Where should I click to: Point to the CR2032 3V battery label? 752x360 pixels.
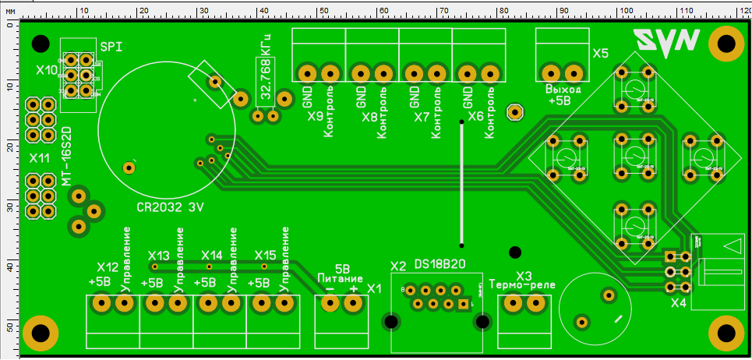pos(171,208)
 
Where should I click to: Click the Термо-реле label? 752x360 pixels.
pos(522,285)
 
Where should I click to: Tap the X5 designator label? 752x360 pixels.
pos(600,54)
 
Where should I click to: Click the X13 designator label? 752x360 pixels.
pos(158,256)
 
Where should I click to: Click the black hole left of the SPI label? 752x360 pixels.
pos(41,43)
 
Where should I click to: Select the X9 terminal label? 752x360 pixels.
pos(315,117)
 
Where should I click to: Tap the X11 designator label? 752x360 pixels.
pos(40,157)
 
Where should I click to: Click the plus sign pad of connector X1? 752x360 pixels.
pos(355,303)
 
